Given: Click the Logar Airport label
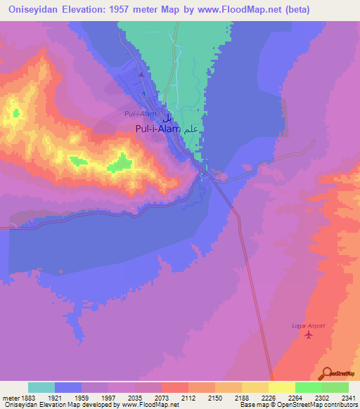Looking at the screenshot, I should point(308,325).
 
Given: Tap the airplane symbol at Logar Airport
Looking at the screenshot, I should point(309,335).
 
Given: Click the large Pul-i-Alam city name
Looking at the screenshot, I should point(157,129).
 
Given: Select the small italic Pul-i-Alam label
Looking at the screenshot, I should point(140,113).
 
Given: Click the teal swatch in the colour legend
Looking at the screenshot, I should point(41,387).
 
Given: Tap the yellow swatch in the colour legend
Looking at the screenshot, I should point(281,387).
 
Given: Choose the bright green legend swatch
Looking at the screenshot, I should point(308,387).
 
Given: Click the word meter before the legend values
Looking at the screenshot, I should point(12,398).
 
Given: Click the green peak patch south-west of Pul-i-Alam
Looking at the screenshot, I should point(120,163).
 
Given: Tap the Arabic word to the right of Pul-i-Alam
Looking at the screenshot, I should point(192,129).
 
